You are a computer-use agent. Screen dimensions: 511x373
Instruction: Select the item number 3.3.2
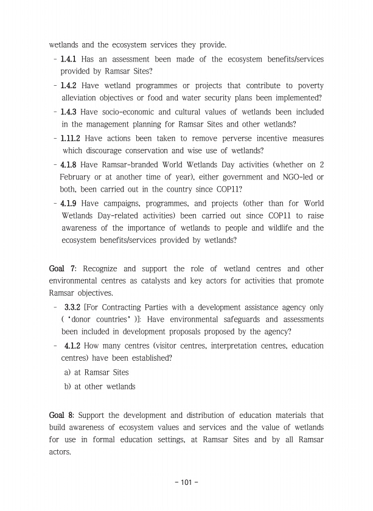73,308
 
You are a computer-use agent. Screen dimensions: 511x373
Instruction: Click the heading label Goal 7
63,269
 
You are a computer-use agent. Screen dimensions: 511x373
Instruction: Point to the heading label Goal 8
63,415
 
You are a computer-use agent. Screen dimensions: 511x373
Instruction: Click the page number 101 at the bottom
186,483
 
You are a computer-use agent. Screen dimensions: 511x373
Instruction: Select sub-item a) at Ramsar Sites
96,372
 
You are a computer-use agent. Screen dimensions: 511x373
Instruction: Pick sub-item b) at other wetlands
100,386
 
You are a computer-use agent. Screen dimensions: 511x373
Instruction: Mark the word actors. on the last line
61,452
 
